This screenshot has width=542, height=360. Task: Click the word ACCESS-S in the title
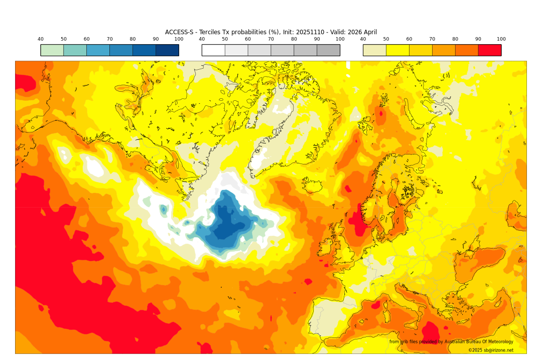coord(180,32)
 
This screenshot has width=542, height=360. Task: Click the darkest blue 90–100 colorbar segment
coord(167,50)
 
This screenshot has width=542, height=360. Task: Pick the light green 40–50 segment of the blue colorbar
coord(52,50)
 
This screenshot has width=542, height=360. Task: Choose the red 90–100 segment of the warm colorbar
coord(489,50)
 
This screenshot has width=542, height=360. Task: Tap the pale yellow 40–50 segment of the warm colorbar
coord(374,50)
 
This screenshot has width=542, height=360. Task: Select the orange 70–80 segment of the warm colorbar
coord(444,50)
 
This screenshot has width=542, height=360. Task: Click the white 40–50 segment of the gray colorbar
coord(213,50)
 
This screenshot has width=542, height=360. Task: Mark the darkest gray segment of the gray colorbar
coord(328,50)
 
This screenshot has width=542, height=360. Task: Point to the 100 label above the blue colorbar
coord(179,39)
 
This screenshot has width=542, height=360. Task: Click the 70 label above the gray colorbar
coord(270,39)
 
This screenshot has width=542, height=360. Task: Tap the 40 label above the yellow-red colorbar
coord(363,39)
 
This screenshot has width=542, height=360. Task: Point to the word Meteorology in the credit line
coord(497,342)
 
